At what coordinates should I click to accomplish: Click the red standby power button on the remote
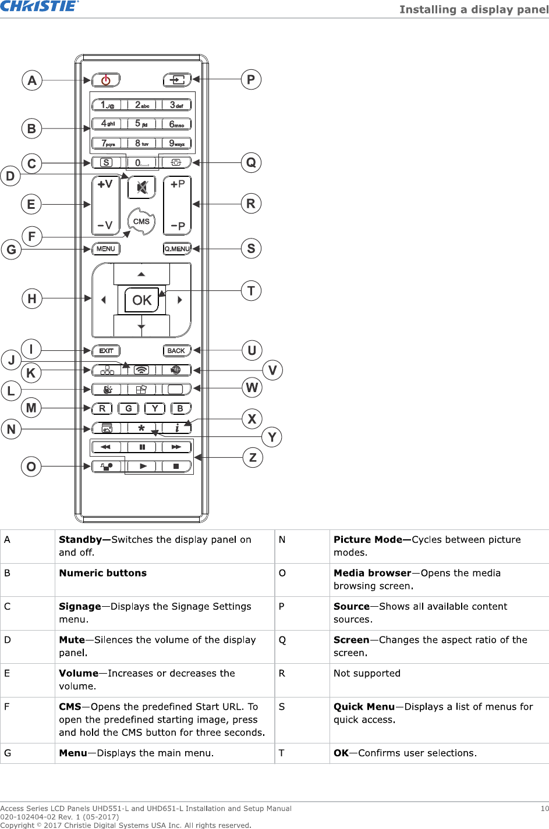tap(106, 80)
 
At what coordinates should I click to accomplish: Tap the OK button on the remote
tap(141, 300)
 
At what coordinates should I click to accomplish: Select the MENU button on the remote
tap(106, 249)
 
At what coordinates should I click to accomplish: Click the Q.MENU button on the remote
tap(177, 249)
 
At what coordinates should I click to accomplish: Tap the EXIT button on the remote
tap(106, 351)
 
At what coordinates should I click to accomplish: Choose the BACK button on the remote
tap(176, 351)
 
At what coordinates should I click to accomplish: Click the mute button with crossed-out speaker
tap(141, 187)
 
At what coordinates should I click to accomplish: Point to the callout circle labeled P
tap(251, 80)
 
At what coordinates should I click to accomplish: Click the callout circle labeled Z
tap(253, 457)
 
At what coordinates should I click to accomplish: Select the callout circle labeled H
tap(31, 298)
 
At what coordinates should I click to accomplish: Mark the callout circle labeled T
tap(251, 290)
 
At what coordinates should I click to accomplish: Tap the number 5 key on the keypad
tap(141, 124)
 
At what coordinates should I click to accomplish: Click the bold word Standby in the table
tap(80, 540)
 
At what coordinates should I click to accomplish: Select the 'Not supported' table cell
tap(367, 673)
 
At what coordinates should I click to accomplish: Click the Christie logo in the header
tap(39, 6)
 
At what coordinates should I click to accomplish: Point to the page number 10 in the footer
tap(544, 809)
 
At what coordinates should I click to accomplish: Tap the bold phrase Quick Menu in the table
tap(364, 707)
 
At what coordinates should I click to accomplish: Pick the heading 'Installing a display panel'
tap(473, 9)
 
